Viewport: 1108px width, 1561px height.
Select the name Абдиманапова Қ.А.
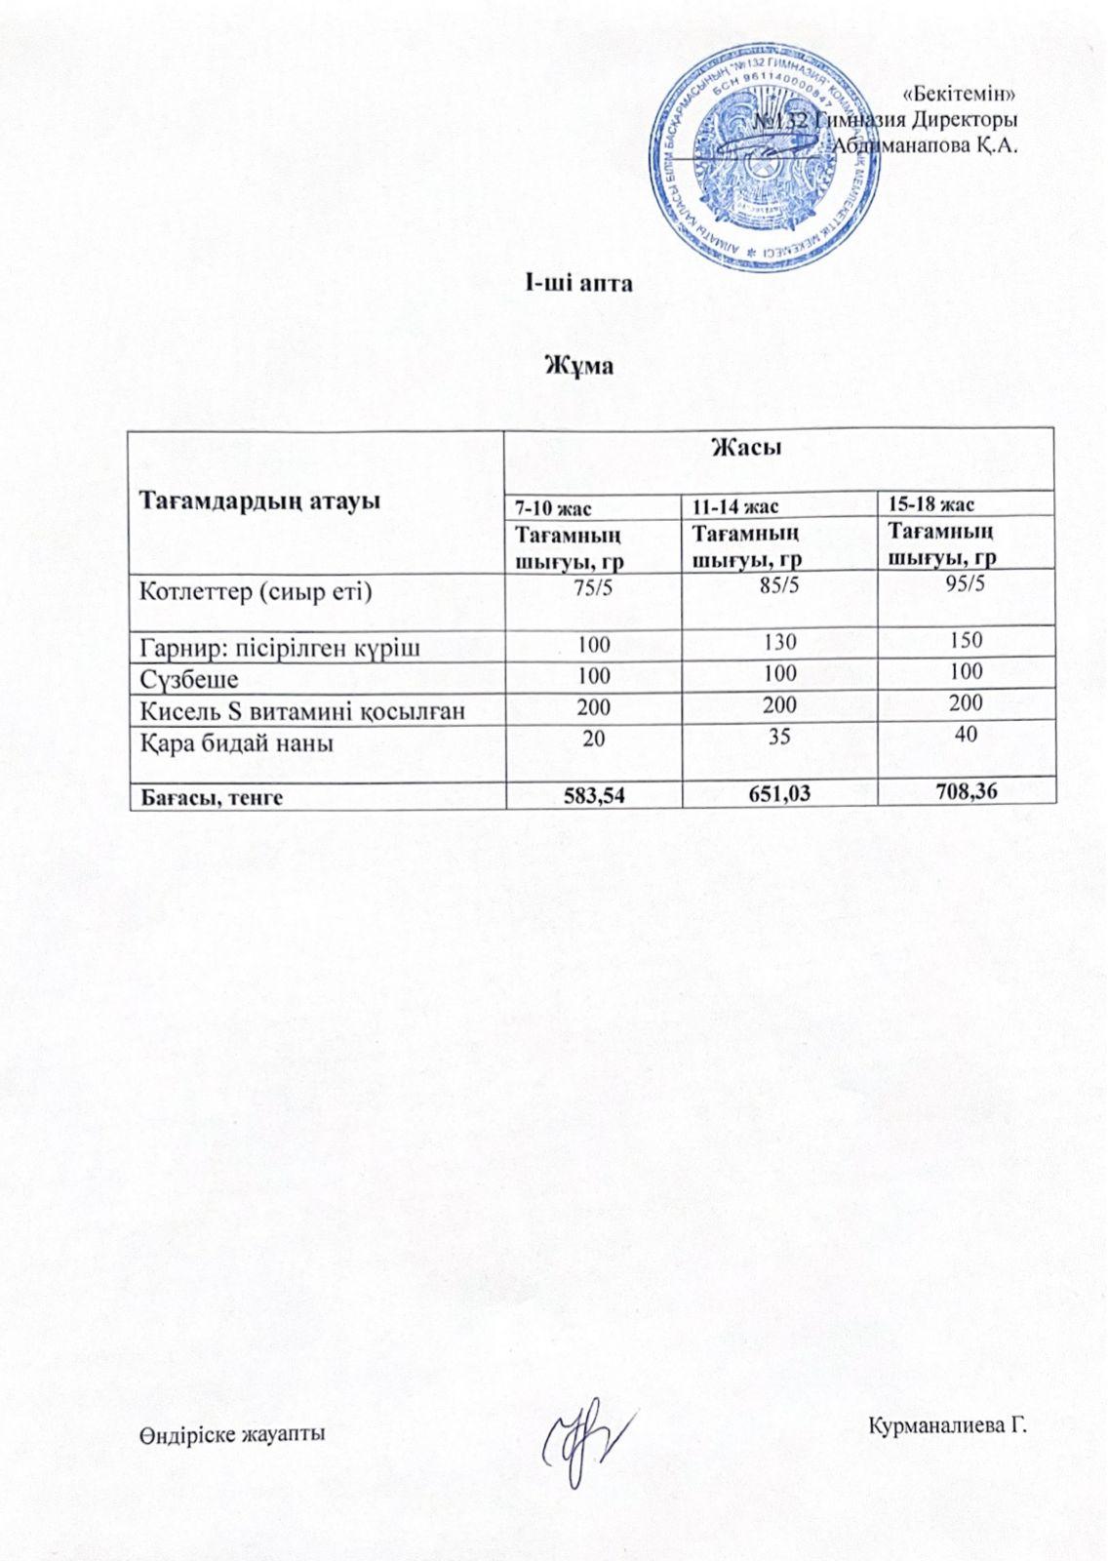click(x=926, y=146)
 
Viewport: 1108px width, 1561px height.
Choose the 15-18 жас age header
click(x=931, y=503)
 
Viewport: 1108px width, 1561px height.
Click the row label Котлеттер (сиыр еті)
click(x=257, y=592)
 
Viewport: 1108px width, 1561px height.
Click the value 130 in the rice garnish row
click(x=780, y=642)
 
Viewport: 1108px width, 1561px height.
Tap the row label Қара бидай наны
click(x=237, y=743)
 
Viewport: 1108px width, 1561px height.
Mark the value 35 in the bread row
click(x=779, y=735)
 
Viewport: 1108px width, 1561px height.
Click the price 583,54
click(x=595, y=795)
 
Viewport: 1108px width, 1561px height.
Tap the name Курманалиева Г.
click(x=948, y=1426)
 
